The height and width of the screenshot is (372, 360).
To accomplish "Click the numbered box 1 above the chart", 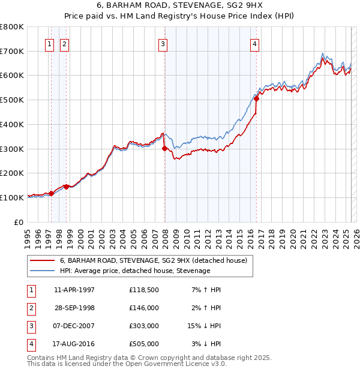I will point(49,43).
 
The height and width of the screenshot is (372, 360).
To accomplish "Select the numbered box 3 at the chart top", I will point(163,43).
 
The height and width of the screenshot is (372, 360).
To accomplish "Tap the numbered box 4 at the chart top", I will point(254,43).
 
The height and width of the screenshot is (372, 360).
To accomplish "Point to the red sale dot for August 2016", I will point(256,98).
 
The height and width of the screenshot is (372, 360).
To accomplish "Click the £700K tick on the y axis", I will point(12,51).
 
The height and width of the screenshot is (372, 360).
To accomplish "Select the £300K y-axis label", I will point(12,149).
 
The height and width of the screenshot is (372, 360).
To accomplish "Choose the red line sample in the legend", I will point(42,260).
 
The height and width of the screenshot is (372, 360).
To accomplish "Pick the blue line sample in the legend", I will point(42,271).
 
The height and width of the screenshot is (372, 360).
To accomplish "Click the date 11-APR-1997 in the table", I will point(74,290).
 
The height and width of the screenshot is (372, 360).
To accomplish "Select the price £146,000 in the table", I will point(143,308).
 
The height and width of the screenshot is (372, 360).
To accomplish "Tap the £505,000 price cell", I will point(143,344).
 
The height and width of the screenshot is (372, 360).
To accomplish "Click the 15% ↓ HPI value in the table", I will point(205,326).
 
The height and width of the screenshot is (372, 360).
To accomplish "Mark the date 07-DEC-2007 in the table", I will point(74,326).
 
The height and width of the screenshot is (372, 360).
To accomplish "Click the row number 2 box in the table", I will point(30,308).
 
